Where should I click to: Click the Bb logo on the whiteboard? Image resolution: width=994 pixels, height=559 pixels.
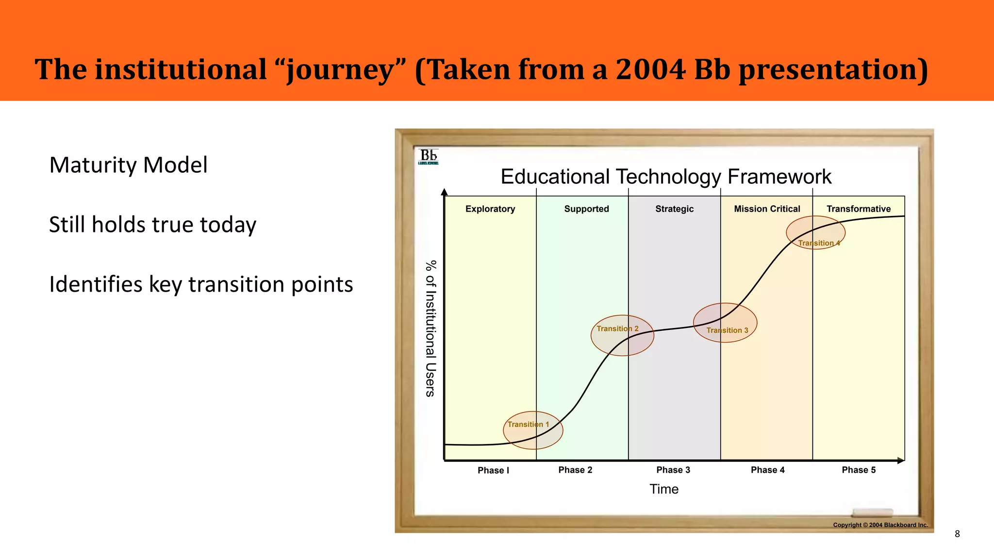click(428, 156)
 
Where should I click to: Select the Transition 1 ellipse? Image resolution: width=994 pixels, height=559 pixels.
click(533, 430)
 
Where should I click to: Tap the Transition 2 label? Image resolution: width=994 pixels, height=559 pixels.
click(617, 329)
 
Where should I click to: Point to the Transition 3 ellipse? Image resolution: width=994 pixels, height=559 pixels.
click(725, 323)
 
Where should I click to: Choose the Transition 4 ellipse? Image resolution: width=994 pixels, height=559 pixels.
click(815, 232)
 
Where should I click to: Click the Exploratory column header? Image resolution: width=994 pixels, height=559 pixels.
click(490, 209)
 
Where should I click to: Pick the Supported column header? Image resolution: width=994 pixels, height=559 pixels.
click(586, 209)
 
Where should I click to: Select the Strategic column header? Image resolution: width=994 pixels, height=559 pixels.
click(674, 209)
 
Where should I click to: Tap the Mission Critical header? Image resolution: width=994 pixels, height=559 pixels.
click(767, 209)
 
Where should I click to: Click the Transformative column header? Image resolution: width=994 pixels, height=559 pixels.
click(859, 209)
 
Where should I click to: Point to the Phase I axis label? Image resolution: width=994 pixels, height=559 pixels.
click(493, 470)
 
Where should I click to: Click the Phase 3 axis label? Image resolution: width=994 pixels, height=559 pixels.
click(673, 470)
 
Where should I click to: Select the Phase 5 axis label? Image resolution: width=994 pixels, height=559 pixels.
click(859, 470)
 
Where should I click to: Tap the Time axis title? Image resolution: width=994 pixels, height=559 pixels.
click(664, 489)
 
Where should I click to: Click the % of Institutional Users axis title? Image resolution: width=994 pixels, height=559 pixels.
click(431, 329)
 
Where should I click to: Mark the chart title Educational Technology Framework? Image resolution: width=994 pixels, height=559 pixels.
click(666, 177)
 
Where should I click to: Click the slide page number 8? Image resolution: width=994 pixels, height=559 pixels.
click(957, 534)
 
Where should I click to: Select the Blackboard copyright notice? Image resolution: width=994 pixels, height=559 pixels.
click(880, 525)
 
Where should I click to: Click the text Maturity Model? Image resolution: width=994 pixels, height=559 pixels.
click(128, 165)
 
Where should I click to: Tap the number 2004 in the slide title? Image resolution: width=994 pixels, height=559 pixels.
click(650, 69)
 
